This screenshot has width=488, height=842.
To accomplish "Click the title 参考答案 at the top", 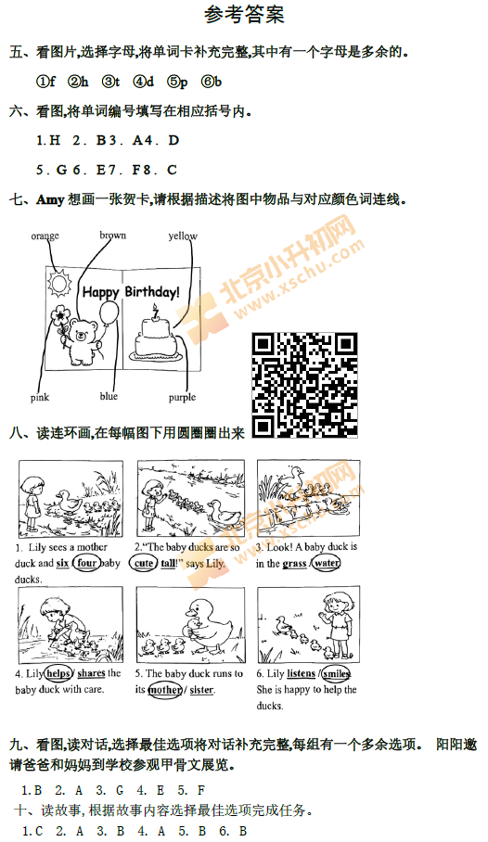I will tap(243, 15).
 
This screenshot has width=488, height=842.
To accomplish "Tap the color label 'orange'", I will tap(45, 236).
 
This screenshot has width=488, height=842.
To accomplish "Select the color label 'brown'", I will tap(113, 236).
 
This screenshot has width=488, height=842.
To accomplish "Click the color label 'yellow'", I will tap(183, 236).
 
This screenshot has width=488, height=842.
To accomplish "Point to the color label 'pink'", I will tap(40, 398).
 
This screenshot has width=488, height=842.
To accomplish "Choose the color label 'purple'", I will tap(182, 398).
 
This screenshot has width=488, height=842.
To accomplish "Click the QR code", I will tap(305, 386).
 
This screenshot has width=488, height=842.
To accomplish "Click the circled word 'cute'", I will tap(145, 563).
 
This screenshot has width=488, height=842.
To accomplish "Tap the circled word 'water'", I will tap(327, 563).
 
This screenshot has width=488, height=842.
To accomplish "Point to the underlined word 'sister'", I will tap(201, 690).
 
